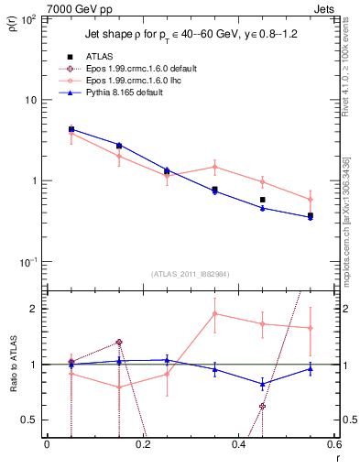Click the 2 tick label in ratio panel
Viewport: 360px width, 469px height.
[x=36, y=309]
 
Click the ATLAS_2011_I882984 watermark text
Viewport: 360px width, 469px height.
[x=190, y=275]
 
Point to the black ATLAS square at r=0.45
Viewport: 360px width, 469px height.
[x=262, y=200]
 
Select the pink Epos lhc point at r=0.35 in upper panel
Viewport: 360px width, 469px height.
[x=214, y=167]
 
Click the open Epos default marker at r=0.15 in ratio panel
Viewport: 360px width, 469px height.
[x=119, y=343]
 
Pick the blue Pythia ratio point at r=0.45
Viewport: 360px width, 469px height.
[x=262, y=384]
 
